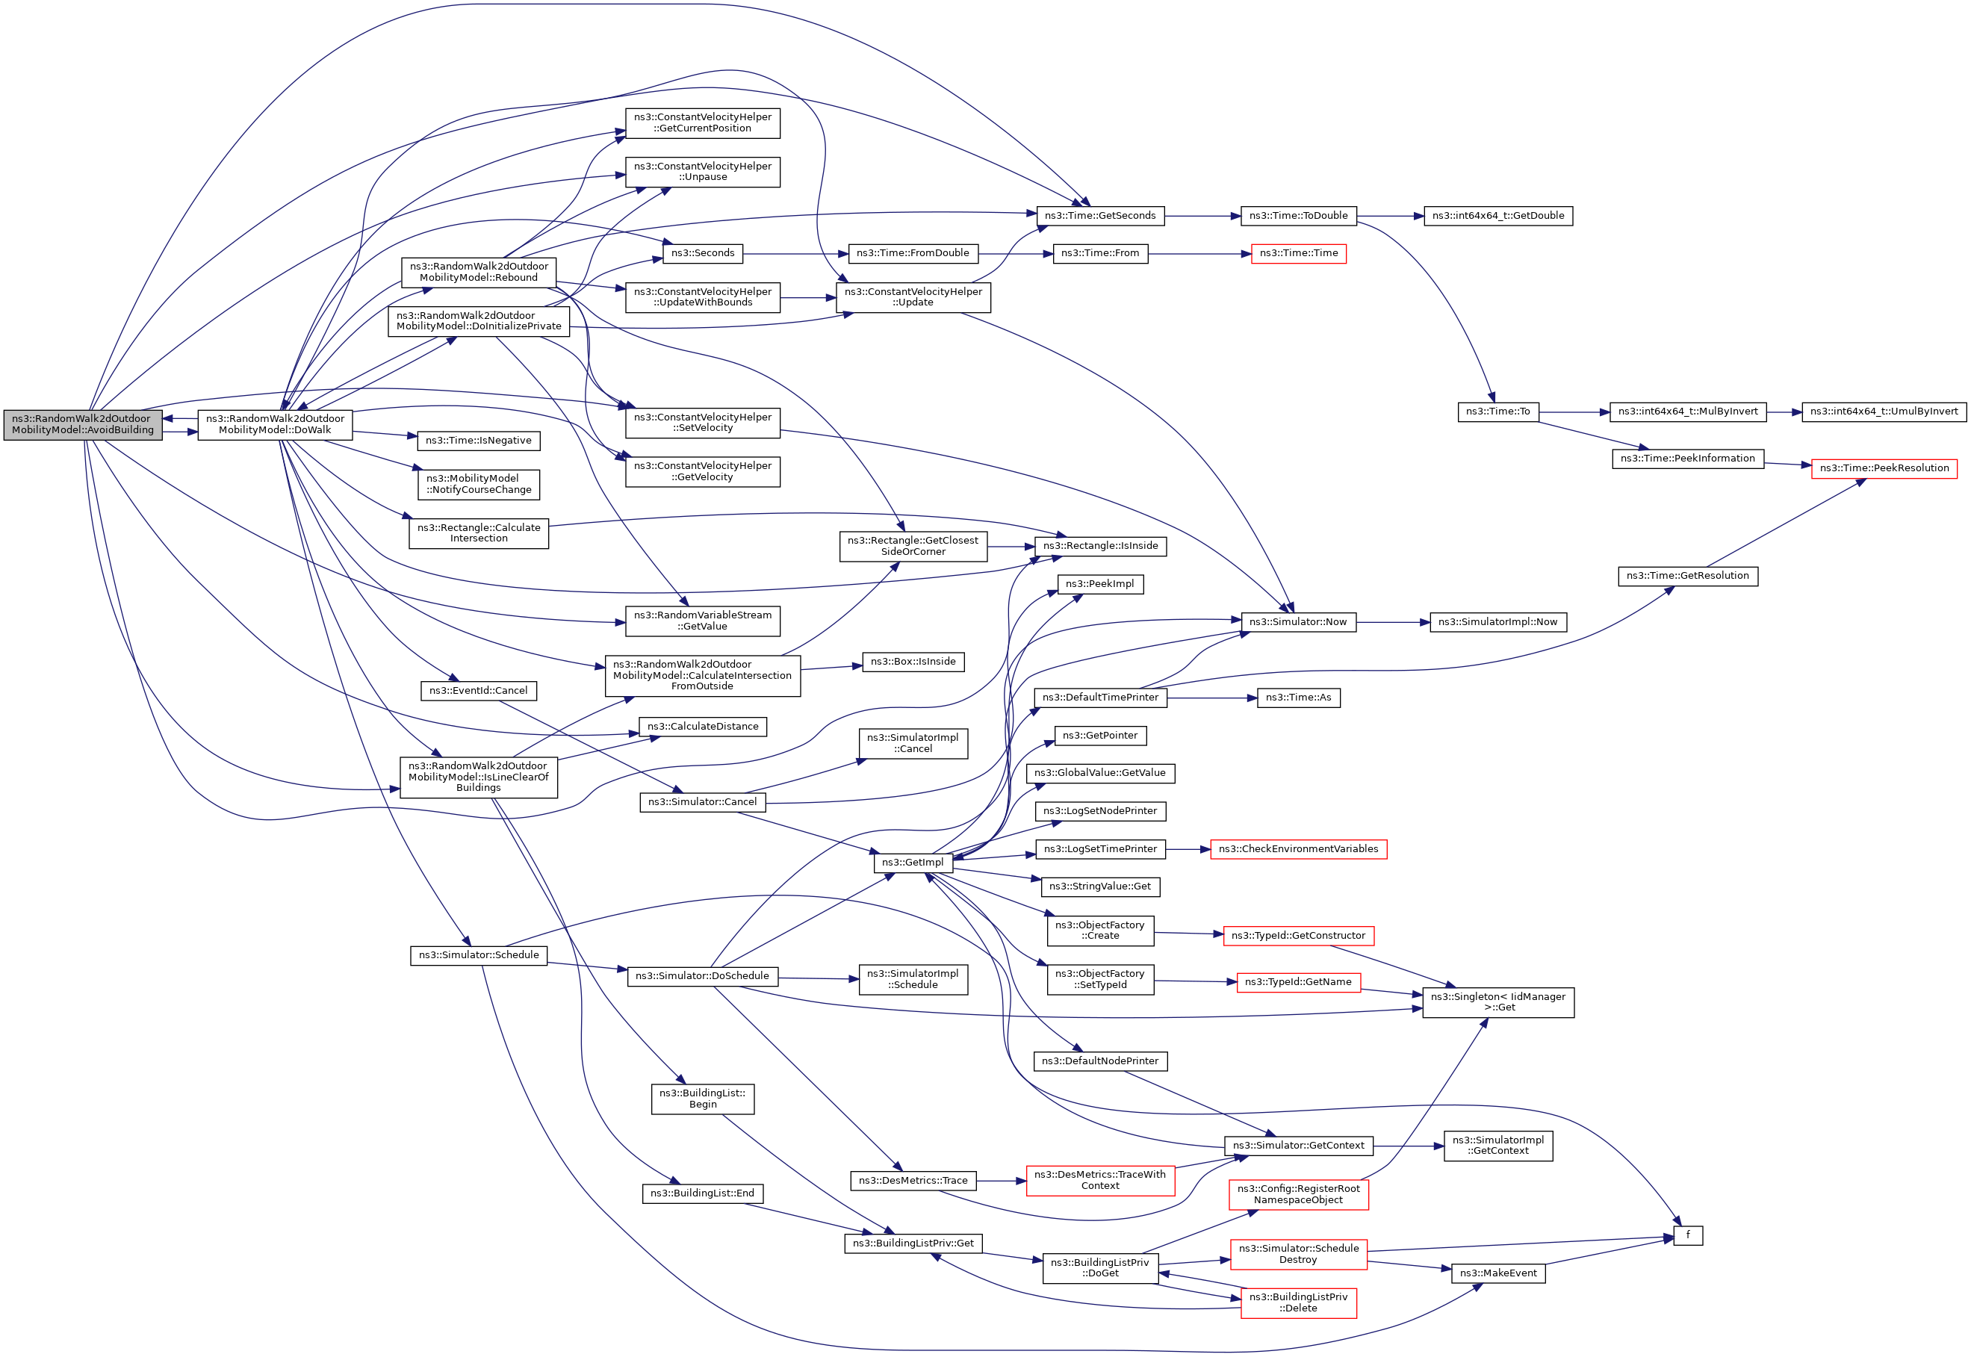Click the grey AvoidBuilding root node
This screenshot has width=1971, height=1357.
(82, 424)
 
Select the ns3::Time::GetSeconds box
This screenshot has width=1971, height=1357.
(1099, 216)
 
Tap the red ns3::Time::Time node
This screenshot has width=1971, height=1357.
(1297, 253)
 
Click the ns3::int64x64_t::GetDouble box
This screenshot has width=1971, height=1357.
(1497, 216)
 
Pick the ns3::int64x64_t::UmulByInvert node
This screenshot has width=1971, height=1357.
(1884, 412)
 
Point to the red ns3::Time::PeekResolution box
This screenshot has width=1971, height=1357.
(1884, 468)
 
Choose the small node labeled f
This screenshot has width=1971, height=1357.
(1687, 1235)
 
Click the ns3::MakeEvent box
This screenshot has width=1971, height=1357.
(1497, 1273)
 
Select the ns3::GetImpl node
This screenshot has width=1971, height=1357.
(913, 862)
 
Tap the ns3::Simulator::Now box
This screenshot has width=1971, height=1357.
(1297, 622)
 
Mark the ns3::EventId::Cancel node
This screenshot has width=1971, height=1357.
(478, 690)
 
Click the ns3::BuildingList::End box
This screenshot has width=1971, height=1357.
(701, 1193)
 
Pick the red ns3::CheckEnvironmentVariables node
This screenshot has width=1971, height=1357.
(1297, 848)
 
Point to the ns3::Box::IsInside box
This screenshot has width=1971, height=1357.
(913, 662)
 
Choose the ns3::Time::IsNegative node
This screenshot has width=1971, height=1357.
(478, 441)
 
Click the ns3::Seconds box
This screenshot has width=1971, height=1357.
(702, 253)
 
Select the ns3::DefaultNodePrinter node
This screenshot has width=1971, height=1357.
(1099, 1061)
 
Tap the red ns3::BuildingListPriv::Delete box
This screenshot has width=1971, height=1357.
(1297, 1302)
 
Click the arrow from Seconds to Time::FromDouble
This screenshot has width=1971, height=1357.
(795, 253)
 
